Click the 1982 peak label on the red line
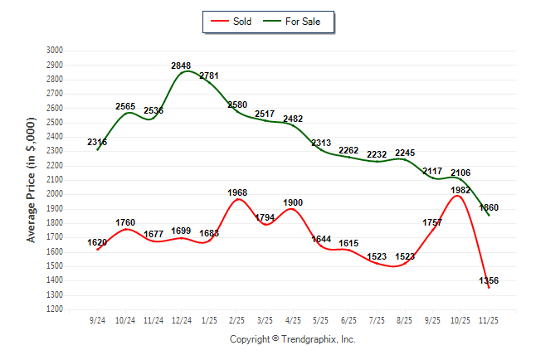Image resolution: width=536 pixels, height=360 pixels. pos(460,190)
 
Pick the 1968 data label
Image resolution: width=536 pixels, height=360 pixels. pos(237,192)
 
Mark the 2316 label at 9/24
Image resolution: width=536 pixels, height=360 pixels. pos(97,143)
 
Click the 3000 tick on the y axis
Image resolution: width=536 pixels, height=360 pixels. pos(55,51)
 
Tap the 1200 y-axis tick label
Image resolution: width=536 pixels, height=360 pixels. pos(55,309)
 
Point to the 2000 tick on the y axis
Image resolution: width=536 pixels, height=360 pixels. pos(55,194)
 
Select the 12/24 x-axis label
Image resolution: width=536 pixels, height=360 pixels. pos(181,320)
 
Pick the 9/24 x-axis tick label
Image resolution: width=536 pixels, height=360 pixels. pos(97,320)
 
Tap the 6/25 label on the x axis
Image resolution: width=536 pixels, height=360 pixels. pos(348,320)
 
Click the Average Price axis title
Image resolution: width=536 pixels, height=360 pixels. pos(32,180)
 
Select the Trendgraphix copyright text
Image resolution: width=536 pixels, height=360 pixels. pos(292,339)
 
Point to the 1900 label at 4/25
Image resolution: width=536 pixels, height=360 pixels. pos(293,203)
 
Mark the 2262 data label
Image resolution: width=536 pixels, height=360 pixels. pos(348,150)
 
